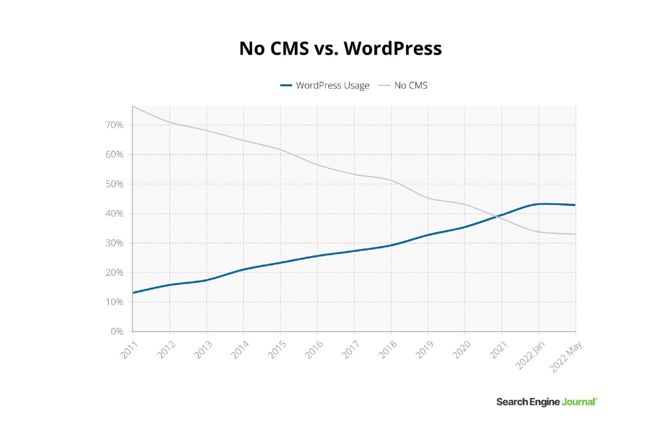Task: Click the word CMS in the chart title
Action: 289,48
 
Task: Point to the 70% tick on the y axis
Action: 114,125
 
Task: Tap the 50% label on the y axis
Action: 114,184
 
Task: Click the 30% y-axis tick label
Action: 114,243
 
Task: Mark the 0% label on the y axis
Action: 117,331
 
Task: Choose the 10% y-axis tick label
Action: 114,302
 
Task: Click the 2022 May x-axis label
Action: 565,356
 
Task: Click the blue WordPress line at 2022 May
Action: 575,205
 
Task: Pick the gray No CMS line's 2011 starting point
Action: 133,106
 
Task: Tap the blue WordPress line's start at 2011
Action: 133,293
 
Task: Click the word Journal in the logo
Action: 579,402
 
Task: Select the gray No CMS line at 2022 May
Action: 575,234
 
